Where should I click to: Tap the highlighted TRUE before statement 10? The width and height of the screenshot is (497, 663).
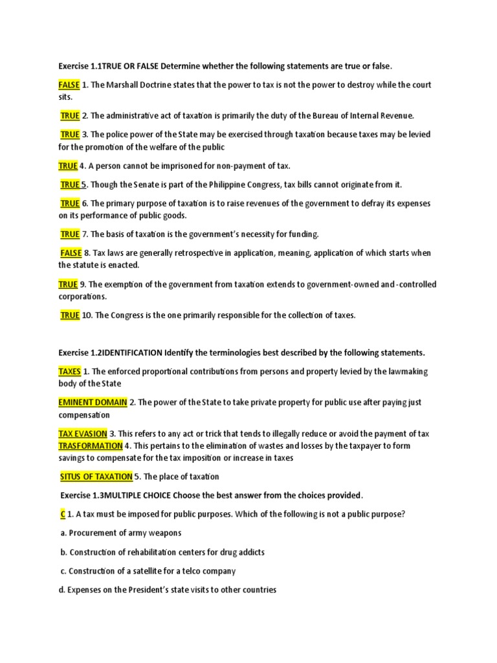(70, 315)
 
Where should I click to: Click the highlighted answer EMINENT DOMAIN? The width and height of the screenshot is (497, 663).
(93, 403)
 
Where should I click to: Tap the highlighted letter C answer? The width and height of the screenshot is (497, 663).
(61, 514)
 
